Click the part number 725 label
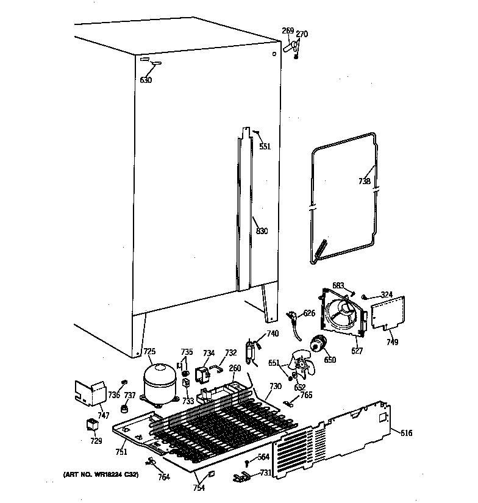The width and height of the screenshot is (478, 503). click(x=149, y=352)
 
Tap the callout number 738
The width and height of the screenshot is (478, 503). click(x=364, y=181)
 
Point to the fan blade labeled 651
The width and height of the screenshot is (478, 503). click(x=301, y=366)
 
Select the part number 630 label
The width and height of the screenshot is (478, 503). click(x=146, y=80)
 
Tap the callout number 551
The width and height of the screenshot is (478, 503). click(x=264, y=146)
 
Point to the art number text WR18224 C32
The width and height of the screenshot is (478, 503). click(x=101, y=475)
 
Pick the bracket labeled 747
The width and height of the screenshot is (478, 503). click(x=89, y=394)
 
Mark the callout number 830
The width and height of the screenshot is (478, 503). click(x=262, y=231)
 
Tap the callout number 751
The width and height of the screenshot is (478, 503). click(x=121, y=452)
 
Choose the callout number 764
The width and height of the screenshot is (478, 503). click(x=163, y=477)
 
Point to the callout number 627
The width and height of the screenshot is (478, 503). click(x=358, y=351)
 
